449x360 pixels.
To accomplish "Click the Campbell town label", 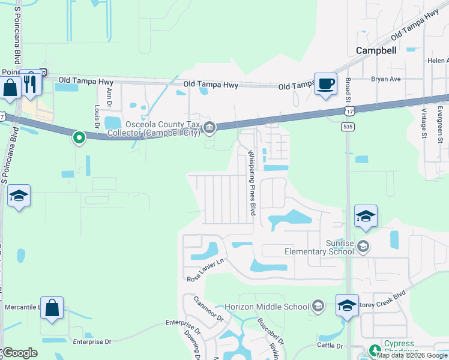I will click(x=376, y=50).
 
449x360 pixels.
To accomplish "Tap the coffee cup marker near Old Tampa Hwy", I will click(x=326, y=84).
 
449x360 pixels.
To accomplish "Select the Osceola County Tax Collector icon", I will click(x=209, y=126).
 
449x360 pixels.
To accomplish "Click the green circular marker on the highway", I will click(x=79, y=138).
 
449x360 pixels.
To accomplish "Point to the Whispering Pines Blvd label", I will click(x=253, y=183).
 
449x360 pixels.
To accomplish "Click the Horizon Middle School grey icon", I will click(x=318, y=307).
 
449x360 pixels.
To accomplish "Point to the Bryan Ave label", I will click(x=385, y=79).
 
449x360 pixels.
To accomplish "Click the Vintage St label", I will click(x=424, y=124).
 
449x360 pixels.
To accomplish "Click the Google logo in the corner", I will click(x=20, y=353).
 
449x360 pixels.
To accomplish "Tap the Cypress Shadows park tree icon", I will click(x=375, y=349).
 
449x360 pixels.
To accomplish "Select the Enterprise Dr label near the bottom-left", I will click(x=92, y=342).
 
